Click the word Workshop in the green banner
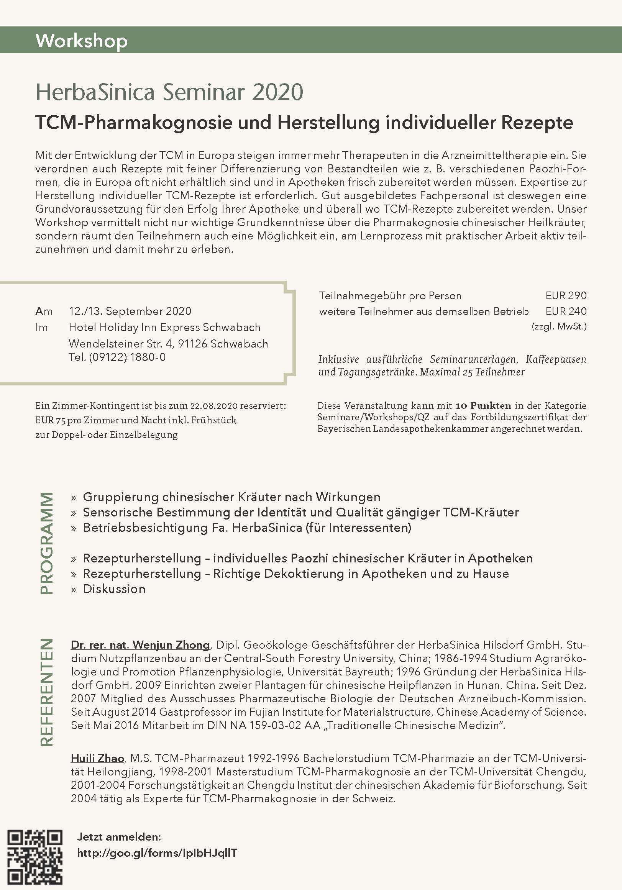click(x=81, y=41)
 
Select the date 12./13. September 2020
click(x=130, y=311)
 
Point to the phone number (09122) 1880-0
click(x=127, y=357)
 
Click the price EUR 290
click(x=566, y=296)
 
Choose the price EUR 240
click(x=566, y=311)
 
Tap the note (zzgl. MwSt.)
click(x=559, y=326)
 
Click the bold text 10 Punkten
click(x=483, y=406)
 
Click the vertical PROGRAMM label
click(x=46, y=543)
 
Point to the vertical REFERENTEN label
click(x=46, y=692)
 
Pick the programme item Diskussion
click(x=114, y=589)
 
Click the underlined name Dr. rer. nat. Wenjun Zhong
click(x=140, y=645)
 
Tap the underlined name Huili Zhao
click(x=97, y=758)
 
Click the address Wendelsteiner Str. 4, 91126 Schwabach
click(x=168, y=344)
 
